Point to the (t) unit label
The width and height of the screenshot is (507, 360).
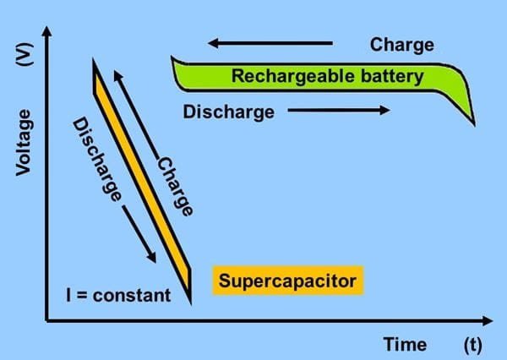(x=472, y=344)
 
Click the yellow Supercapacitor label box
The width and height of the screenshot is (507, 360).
(x=288, y=280)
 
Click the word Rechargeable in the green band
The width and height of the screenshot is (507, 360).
(x=288, y=77)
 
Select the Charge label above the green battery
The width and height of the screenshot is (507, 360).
(x=402, y=44)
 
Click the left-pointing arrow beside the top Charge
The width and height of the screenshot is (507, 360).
(x=270, y=42)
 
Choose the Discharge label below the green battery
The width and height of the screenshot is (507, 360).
(x=228, y=111)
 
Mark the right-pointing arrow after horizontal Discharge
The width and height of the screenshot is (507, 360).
(x=338, y=110)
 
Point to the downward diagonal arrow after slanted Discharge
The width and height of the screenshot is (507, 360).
(x=140, y=233)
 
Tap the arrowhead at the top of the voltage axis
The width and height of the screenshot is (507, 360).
(x=47, y=31)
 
